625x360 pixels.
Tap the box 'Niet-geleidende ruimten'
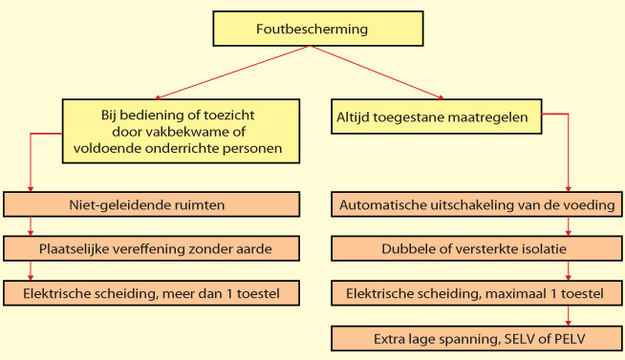click(x=152, y=203)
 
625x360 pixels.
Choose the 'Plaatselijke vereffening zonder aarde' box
click(x=152, y=248)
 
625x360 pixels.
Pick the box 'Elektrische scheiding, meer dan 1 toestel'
click(x=152, y=292)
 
